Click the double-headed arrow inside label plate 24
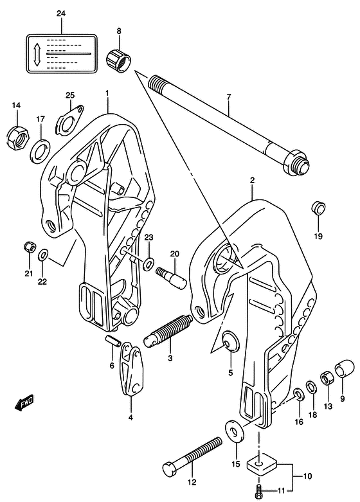click(x=37, y=55)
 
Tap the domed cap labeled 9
click(x=345, y=369)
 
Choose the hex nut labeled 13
click(x=328, y=379)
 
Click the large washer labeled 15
click(x=235, y=432)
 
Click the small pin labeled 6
click(x=113, y=341)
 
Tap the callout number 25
click(x=70, y=95)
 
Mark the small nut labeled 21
click(x=30, y=247)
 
